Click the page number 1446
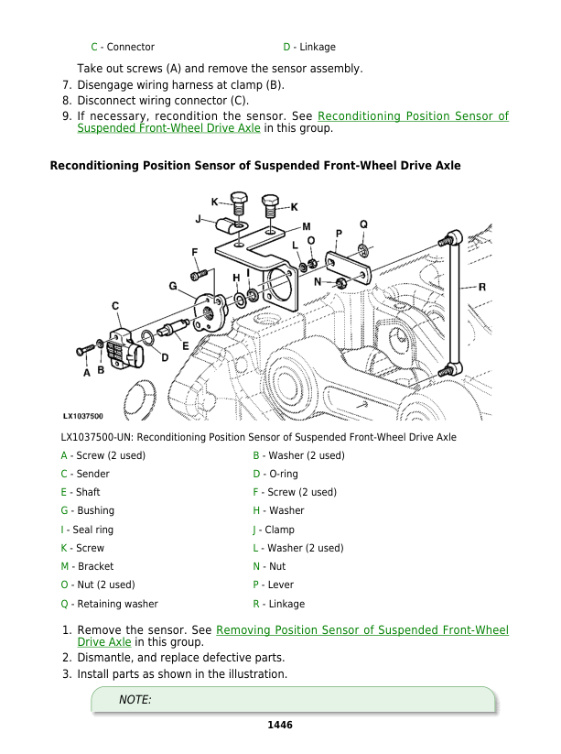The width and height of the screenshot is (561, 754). [x=279, y=725]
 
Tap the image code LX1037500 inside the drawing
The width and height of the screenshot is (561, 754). [x=83, y=416]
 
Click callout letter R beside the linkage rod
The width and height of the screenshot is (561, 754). [x=481, y=287]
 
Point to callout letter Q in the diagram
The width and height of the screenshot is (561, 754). [x=363, y=224]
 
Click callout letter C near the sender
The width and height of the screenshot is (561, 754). [x=115, y=305]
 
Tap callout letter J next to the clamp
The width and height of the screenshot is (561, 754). [x=199, y=219]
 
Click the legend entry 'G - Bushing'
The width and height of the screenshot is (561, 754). [x=87, y=510]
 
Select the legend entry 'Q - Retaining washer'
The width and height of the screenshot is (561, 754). [x=109, y=604]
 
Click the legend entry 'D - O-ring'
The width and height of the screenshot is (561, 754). [x=275, y=474]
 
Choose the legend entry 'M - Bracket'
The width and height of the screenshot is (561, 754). [x=87, y=566]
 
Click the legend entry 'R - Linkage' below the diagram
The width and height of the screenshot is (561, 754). [x=279, y=604]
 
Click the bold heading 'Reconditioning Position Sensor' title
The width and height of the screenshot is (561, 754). [x=254, y=166]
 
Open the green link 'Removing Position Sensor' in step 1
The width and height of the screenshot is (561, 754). [x=362, y=630]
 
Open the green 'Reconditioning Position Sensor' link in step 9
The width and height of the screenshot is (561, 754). [x=412, y=116]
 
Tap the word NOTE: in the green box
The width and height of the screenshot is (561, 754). [x=135, y=700]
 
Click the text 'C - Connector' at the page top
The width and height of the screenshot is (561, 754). [x=122, y=47]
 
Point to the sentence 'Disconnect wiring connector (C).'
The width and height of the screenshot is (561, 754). [x=163, y=100]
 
